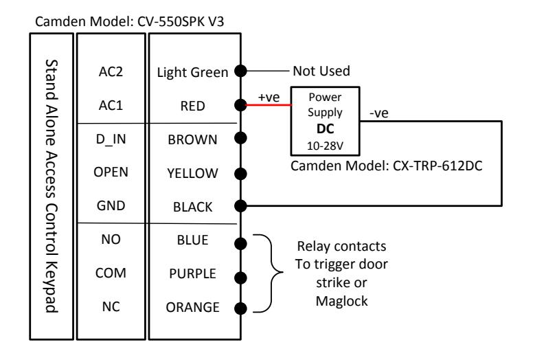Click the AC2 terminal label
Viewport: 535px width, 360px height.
(111, 71)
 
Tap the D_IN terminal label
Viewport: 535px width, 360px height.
(111, 139)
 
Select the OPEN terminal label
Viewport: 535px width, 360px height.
(111, 172)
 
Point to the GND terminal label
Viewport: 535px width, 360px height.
(111, 205)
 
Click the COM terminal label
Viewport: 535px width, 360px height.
(111, 273)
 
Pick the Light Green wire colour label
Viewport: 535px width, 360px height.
(192, 72)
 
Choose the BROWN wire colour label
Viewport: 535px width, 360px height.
(192, 139)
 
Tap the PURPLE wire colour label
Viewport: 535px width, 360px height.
(192, 273)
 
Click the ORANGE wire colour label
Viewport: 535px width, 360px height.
(192, 308)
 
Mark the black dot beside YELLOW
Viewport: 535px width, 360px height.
(240, 174)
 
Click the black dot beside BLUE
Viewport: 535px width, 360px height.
(240, 244)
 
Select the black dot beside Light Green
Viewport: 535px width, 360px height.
(240, 71)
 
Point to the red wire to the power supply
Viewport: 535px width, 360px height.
(269, 104)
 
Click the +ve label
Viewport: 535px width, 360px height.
(269, 98)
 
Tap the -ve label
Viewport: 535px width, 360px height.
(379, 113)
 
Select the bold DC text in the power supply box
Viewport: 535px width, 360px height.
(325, 128)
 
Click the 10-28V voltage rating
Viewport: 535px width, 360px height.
(325, 146)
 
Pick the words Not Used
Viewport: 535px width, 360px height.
(321, 71)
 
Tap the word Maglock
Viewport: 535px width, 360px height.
(341, 302)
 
